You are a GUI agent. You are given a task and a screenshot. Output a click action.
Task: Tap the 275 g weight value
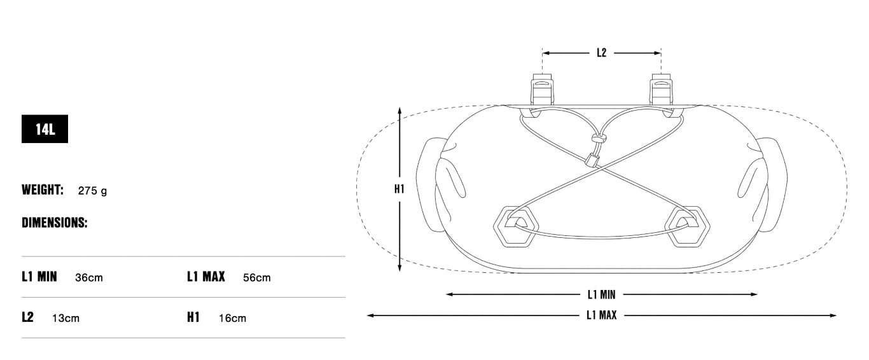point(92,190)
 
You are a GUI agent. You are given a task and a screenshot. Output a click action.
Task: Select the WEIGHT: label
point(43,190)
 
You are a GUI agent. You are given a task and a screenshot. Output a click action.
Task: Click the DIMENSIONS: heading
point(54,223)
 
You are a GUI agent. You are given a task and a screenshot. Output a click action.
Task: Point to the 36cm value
point(88,277)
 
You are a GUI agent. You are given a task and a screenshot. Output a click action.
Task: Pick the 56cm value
point(257,277)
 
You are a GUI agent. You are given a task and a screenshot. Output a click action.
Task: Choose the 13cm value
point(66,318)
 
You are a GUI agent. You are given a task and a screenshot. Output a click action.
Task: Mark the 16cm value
point(232,318)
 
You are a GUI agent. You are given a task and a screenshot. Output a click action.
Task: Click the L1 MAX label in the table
point(206,277)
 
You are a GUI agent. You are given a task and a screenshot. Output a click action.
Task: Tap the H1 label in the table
point(193,317)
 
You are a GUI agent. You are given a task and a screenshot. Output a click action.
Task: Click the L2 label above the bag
point(601,53)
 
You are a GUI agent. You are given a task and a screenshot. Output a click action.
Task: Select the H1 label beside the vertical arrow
point(399,189)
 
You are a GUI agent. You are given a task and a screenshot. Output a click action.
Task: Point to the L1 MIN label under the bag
point(601,294)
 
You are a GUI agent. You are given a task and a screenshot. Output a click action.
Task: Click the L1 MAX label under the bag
point(601,315)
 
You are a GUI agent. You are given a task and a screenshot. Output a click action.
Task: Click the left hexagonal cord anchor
point(516,225)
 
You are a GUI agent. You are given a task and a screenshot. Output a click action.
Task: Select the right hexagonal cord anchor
point(686,225)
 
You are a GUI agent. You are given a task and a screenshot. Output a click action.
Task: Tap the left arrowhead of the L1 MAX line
point(370,315)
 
